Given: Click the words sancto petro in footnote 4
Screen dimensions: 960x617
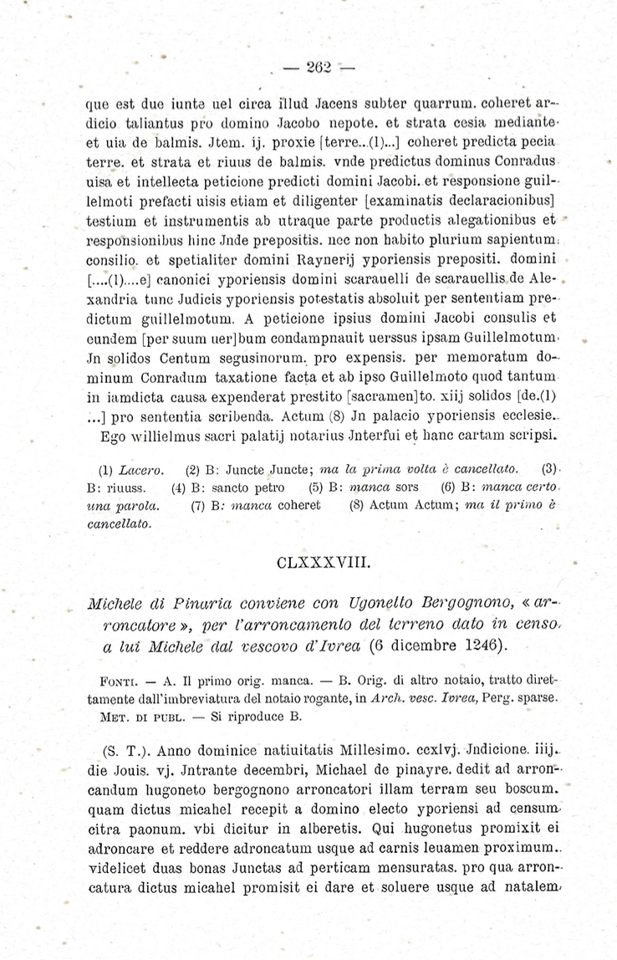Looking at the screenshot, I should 242,487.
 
